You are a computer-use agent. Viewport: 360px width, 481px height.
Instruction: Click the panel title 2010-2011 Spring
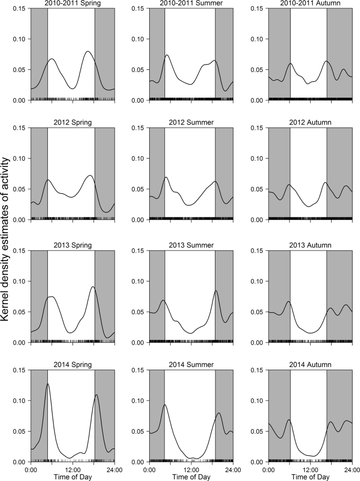click(73, 4)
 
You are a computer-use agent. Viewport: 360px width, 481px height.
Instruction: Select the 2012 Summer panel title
click(191, 122)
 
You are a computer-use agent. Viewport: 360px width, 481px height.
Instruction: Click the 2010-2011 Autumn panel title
click(310, 4)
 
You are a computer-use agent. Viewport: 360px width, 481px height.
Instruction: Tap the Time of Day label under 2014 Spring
click(73, 477)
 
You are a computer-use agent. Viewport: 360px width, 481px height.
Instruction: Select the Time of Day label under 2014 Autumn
click(310, 477)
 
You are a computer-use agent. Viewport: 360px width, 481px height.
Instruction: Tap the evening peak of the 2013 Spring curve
click(92, 287)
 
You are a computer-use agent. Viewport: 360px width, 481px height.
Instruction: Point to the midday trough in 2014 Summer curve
click(193, 458)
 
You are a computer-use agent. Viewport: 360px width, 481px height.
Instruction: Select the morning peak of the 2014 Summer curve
click(164, 405)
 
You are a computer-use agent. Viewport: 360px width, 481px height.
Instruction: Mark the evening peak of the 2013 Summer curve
click(215, 291)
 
